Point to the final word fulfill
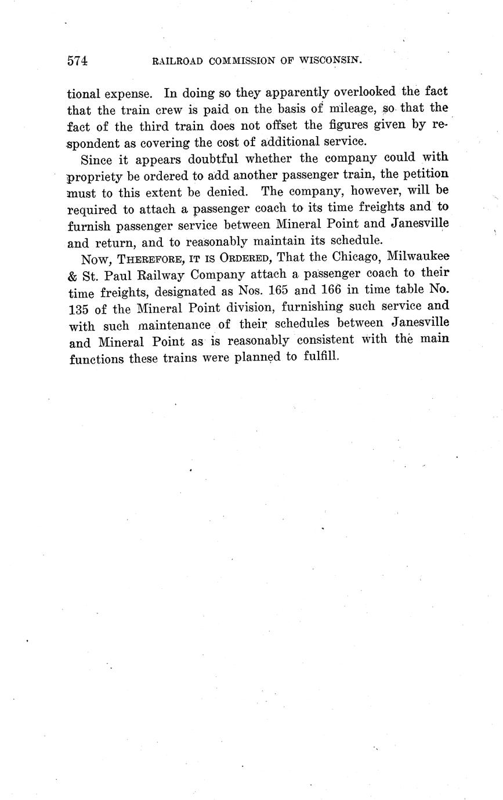pos(320,357)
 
